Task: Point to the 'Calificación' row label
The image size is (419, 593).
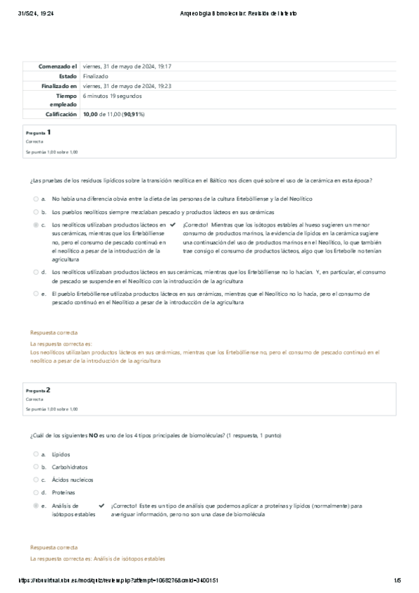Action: pos(62,113)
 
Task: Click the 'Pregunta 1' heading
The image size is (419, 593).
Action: pos(38,131)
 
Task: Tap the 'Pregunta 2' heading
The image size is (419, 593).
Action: pos(38,390)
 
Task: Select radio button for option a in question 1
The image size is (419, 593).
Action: pos(36,199)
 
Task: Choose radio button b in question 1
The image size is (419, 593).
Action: pos(36,212)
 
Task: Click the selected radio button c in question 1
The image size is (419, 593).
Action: pos(36,224)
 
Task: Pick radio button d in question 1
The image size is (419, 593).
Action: pos(36,271)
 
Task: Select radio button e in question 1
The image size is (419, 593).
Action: pos(36,294)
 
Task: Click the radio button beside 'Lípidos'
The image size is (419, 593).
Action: pos(36,454)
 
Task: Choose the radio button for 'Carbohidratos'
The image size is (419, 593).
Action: pos(36,466)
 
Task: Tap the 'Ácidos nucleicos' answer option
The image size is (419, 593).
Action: pos(73,480)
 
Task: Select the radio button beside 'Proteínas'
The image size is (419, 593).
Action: pos(36,492)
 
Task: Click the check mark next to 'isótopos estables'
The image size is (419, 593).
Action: pos(101,505)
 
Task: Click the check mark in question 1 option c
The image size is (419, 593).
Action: pos(172,224)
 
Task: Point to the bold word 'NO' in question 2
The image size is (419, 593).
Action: pos(93,435)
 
